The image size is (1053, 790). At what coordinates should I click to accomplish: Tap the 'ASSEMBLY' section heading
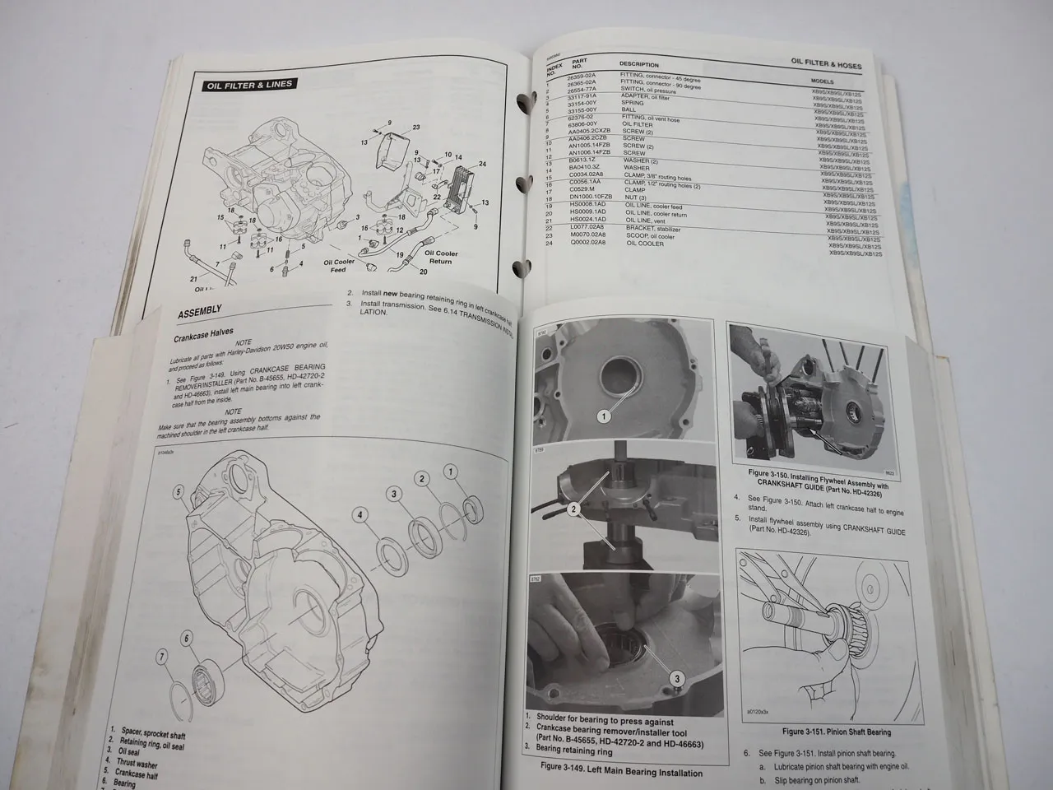coord(200,310)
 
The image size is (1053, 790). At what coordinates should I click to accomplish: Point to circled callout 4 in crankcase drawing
coord(359,516)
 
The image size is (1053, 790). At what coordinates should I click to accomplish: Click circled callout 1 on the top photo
coord(604,416)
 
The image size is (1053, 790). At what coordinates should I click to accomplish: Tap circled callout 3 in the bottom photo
coord(677,679)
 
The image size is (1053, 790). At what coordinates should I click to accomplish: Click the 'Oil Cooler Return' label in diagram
coord(441,258)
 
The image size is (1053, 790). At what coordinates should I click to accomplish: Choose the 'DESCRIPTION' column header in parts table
coord(639,65)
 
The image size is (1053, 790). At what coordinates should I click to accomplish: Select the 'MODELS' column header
coord(823,81)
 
